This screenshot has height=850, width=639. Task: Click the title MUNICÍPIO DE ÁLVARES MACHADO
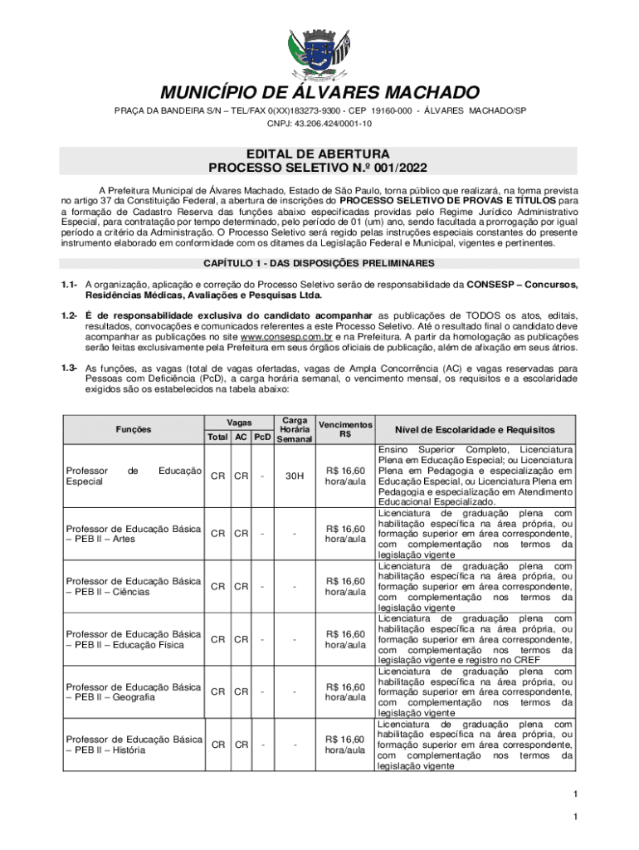(x=319, y=92)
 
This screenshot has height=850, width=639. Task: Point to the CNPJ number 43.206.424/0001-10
(x=319, y=124)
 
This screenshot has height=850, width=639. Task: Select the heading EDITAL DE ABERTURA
(x=319, y=154)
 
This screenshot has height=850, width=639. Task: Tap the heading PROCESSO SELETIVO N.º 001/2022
(x=319, y=169)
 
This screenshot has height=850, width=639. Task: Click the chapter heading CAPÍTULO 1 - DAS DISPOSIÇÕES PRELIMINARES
(x=319, y=263)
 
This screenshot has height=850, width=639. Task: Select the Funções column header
(x=134, y=429)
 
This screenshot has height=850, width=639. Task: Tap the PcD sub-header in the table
(x=262, y=437)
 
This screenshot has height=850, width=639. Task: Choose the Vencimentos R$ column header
(x=346, y=428)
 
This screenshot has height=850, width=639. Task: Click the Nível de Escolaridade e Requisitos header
(x=475, y=429)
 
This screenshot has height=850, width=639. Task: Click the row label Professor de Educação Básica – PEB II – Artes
(x=134, y=534)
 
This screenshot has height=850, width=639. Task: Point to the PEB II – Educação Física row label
(x=134, y=639)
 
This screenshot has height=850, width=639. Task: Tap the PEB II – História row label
(x=134, y=744)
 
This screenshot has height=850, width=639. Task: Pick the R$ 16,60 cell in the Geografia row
(x=346, y=691)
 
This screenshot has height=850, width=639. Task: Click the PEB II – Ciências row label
(x=134, y=586)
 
